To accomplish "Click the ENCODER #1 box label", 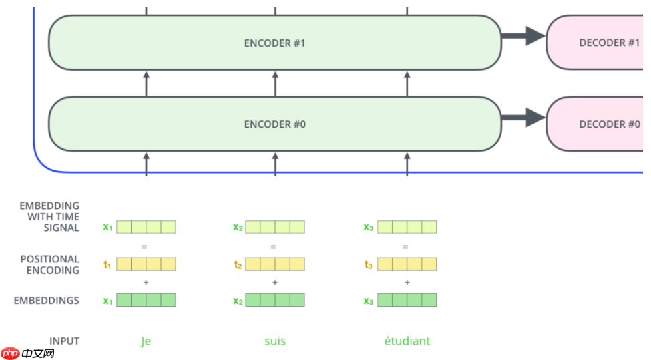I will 274,43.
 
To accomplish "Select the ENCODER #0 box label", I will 274,124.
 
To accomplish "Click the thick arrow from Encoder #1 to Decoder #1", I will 524,36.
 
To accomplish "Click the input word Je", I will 146,341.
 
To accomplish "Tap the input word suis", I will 274,341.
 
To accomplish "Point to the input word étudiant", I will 407,341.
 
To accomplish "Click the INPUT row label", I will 64,341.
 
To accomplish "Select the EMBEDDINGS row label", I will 47,301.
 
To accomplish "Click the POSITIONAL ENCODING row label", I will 49,264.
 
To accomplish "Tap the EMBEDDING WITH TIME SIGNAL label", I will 49,216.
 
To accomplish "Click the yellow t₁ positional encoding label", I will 107,264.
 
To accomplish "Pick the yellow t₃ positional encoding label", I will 369,264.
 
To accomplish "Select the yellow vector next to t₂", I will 275,264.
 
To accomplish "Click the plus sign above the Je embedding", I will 146,283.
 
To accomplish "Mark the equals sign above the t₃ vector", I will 407,246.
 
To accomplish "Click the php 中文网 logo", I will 27,352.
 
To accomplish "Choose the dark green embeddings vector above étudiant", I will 407,300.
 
